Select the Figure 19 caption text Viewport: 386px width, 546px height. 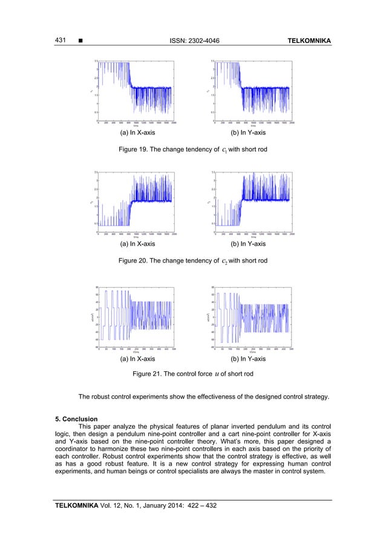coord(192,147)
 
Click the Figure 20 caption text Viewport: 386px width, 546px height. coord(192,261)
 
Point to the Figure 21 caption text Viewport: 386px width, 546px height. coord(192,374)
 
